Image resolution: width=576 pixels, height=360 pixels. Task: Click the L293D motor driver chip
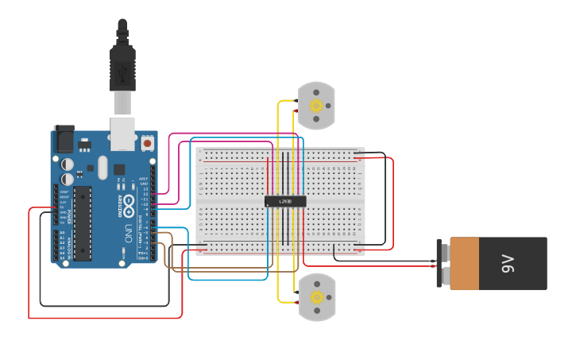(284, 201)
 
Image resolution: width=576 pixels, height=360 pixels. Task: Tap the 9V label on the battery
(509, 264)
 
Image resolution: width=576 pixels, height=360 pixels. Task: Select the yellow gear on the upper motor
(316, 105)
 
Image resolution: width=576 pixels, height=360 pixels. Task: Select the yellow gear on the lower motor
(316, 297)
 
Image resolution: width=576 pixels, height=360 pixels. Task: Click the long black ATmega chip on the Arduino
(83, 223)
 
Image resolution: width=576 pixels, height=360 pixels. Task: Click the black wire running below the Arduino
(103, 306)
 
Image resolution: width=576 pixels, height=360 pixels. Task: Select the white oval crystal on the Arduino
(102, 167)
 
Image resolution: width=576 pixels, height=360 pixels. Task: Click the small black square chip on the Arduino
(118, 169)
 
